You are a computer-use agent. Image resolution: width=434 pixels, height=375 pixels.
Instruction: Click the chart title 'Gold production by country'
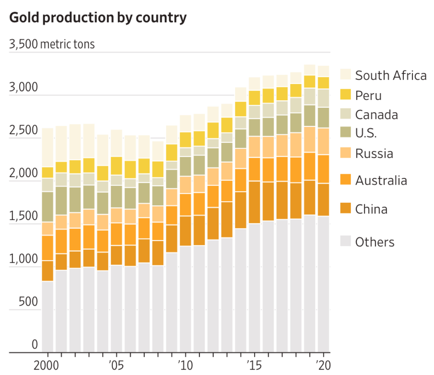98,18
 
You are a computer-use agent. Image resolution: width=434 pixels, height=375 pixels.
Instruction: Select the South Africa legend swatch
346,74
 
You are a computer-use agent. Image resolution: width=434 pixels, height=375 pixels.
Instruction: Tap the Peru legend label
368,95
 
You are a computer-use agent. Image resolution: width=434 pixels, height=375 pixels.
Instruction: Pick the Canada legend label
377,115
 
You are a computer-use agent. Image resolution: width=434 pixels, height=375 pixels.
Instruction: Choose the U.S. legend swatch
346,133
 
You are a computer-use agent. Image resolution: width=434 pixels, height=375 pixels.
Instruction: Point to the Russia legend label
374,154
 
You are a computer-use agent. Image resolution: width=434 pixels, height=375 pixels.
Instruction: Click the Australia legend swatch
346,180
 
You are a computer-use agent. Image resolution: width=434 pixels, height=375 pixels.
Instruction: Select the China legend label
371,209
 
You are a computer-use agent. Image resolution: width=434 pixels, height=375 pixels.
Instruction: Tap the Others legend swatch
346,241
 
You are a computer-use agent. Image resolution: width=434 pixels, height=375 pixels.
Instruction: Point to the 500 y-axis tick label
28,302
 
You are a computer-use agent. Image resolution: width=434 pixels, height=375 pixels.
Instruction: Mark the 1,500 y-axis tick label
23,217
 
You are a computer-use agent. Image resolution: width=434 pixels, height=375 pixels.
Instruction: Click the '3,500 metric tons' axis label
52,44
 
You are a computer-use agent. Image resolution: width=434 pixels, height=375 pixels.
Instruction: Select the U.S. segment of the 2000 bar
47,206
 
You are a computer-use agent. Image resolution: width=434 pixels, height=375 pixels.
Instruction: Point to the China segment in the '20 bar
323,200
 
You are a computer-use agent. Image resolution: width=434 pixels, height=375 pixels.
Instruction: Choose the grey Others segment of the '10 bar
185,299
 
